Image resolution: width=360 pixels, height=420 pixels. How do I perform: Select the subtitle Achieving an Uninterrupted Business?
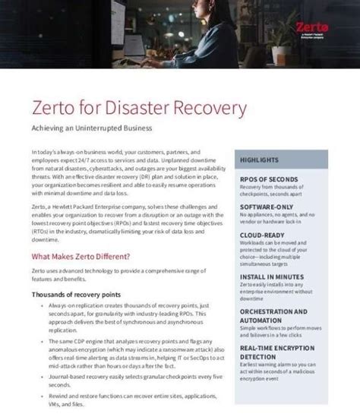pos(92,128)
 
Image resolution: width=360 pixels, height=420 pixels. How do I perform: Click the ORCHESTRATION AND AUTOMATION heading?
pos(273,316)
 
